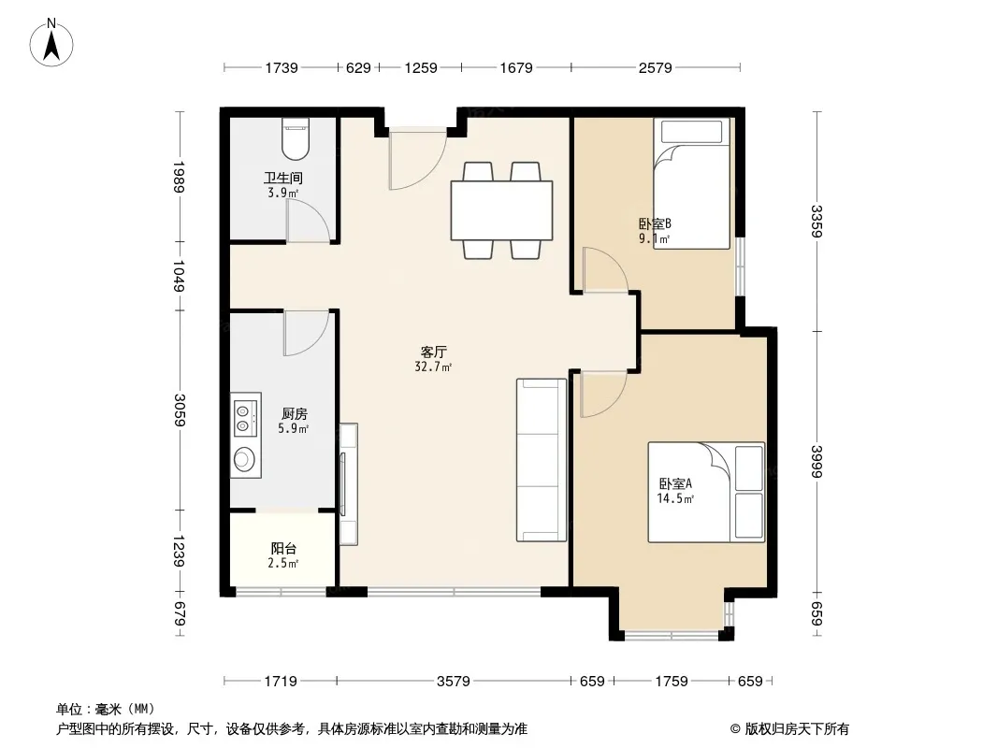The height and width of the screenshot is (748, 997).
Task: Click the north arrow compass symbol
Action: click(x=51, y=42)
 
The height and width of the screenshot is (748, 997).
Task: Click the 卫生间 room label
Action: click(x=283, y=178)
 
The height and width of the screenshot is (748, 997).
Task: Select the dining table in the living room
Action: click(x=501, y=210)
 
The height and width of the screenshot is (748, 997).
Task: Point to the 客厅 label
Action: click(x=434, y=352)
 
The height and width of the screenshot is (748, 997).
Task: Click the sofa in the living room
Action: click(x=542, y=460)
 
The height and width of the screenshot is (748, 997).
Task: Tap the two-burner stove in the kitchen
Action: click(x=245, y=414)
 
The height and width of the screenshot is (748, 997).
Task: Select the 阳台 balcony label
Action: click(x=283, y=548)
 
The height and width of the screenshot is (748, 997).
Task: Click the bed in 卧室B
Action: click(x=691, y=183)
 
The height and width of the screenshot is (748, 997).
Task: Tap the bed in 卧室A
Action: click(x=706, y=493)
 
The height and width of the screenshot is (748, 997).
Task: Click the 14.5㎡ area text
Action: click(x=675, y=499)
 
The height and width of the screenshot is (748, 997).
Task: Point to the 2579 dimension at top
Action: click(x=655, y=67)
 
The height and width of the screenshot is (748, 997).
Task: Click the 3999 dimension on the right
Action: click(x=817, y=461)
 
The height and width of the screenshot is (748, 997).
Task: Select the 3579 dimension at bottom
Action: click(x=454, y=682)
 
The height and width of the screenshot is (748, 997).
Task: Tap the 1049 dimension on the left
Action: click(x=180, y=276)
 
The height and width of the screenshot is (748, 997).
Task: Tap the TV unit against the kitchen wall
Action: click(x=348, y=484)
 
